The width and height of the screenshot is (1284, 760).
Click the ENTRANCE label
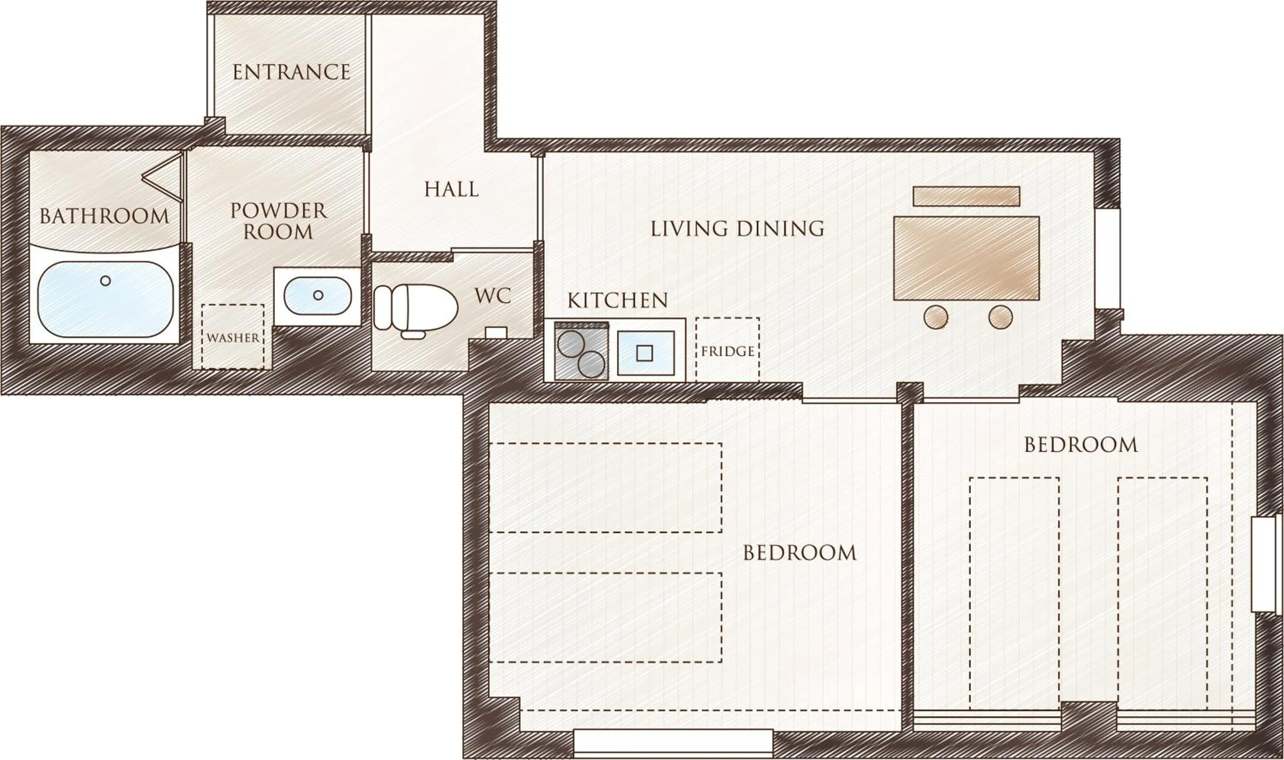click(291, 72)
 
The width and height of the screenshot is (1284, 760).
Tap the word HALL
click(451, 190)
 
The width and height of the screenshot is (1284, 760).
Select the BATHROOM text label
click(104, 216)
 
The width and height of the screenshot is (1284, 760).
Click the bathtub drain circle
click(106, 281)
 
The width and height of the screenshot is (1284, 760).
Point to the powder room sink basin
click(318, 296)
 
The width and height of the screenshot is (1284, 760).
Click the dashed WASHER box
click(233, 336)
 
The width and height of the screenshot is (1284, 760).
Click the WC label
click(492, 296)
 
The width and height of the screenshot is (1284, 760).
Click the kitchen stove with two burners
click(581, 352)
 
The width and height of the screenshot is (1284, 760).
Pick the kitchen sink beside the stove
click(645, 353)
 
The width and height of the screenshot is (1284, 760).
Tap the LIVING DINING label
click(737, 229)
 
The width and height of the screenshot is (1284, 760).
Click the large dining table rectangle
click(966, 258)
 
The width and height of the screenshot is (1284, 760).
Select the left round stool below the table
click(936, 317)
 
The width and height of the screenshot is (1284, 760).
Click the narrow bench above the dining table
click(966, 196)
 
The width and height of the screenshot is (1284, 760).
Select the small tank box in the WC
click(496, 333)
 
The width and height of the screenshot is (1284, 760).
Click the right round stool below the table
click(1000, 317)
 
